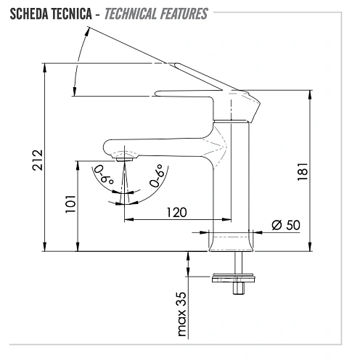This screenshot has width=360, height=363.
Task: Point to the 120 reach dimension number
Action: [176, 212]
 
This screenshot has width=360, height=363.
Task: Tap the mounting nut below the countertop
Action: [234, 277]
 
